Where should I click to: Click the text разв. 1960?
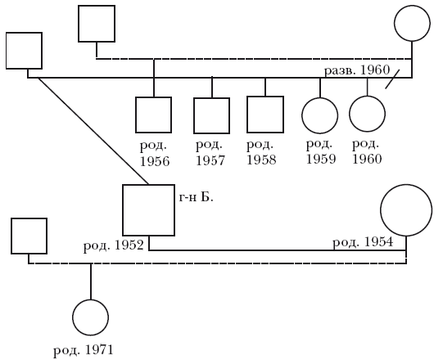click(357, 70)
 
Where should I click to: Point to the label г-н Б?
click(196, 197)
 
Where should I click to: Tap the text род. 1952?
click(114, 245)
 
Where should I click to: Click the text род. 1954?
click(363, 242)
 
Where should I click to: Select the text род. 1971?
click(84, 350)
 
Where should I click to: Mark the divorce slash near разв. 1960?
click(393, 79)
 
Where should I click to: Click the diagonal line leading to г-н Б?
click(93, 131)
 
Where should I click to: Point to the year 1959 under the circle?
click(321, 160)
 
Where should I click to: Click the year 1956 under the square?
click(155, 161)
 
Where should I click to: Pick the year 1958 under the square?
click(261, 160)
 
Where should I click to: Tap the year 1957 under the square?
click(210, 160)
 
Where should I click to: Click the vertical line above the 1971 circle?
click(91, 281)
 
